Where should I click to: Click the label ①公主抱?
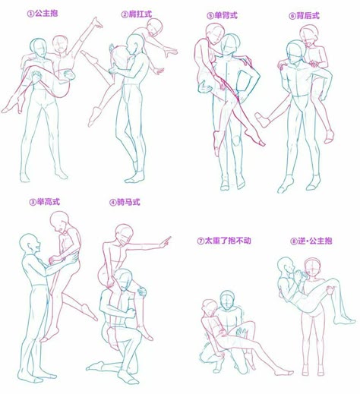pyautogui.click(x=43, y=13)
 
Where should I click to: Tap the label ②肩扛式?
pyautogui.click(x=137, y=14)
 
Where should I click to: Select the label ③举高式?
pyautogui.click(x=45, y=202)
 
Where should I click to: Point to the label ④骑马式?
pyautogui.click(x=125, y=202)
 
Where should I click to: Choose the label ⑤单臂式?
pyautogui.click(x=222, y=15)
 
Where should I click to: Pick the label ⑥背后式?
pyautogui.click(x=304, y=16)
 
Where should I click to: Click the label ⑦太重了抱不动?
pyautogui.click(x=224, y=241)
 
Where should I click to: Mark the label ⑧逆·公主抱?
pyautogui.click(x=311, y=241)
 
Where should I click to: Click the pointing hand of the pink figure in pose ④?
pyautogui.click(x=166, y=241)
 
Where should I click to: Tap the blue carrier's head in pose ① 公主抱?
pyautogui.click(x=39, y=48)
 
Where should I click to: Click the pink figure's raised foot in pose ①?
pyautogui.click(x=96, y=22)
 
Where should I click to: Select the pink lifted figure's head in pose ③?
pyautogui.click(x=60, y=221)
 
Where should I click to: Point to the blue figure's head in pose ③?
pyautogui.click(x=30, y=244)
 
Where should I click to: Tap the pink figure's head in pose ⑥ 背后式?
pyautogui.click(x=308, y=35)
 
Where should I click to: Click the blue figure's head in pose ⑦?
pyautogui.click(x=227, y=299)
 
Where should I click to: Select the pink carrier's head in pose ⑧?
pyautogui.click(x=312, y=268)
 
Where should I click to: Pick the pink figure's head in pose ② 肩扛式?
pyautogui.click(x=154, y=27)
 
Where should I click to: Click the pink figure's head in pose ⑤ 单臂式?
pyautogui.click(x=214, y=33)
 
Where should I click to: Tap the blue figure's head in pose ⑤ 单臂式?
pyautogui.click(x=229, y=44)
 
